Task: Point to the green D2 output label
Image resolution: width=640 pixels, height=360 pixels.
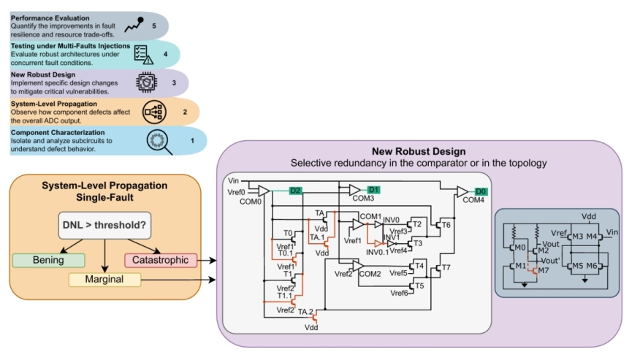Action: point(294,191)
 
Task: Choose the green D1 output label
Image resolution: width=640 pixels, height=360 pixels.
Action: point(373,189)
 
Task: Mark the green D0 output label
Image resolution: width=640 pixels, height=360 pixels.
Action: point(481,191)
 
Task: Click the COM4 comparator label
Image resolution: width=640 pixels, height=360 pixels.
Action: point(473,199)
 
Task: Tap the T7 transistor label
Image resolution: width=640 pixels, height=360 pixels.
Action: point(447,269)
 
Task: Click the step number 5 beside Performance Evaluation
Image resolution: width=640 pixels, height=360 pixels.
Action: point(153,25)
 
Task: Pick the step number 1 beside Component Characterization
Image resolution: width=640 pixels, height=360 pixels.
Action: point(192,139)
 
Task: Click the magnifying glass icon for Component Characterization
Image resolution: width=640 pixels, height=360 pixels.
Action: point(159,140)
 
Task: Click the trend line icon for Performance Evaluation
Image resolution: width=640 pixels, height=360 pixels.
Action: point(134,26)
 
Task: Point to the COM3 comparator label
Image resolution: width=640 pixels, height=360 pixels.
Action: point(363,198)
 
